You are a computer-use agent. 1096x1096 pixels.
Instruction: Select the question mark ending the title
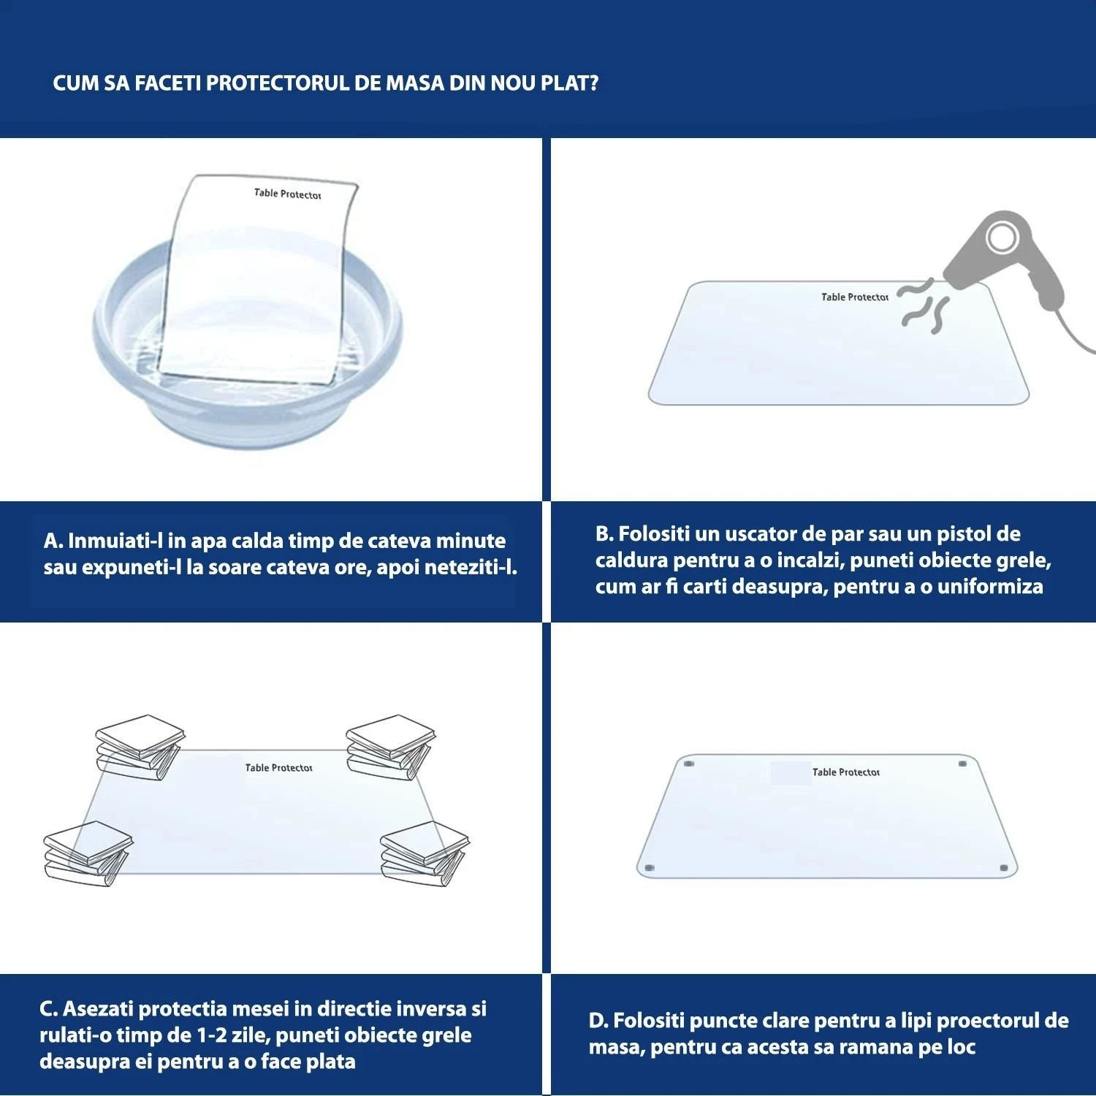pos(593,83)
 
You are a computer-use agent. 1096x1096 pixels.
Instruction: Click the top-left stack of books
pos(139,745)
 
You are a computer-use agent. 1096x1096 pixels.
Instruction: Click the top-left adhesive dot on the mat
pos(688,764)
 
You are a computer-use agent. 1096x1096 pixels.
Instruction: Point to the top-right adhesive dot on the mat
pos(962,764)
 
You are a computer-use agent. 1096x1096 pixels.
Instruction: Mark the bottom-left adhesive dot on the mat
pos(649,868)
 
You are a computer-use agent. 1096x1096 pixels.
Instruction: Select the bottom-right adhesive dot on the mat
pos(1004,868)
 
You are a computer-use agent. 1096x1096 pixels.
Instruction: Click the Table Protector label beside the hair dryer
pos(854,297)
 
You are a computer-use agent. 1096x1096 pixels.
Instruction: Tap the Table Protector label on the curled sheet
pos(287,194)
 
